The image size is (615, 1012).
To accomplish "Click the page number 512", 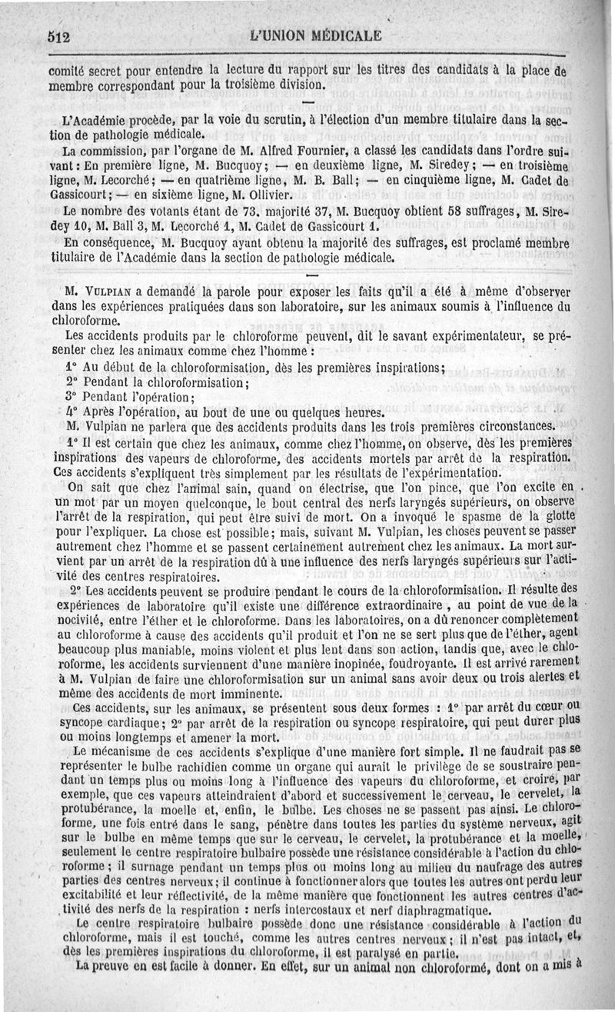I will click(58, 36).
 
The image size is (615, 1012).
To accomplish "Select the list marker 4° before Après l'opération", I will click(72, 411).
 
